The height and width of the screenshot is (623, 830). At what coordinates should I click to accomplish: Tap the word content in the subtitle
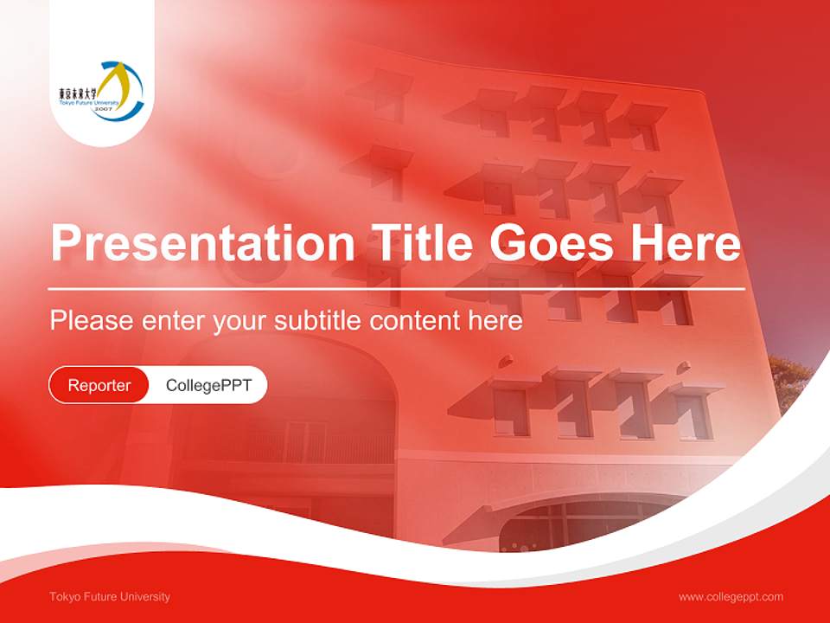[x=414, y=321]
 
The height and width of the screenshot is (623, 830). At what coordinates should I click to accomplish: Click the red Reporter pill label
[x=99, y=385]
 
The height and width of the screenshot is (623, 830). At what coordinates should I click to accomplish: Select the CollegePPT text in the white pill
[x=208, y=385]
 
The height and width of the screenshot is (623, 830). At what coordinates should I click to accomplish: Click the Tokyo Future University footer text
[x=110, y=597]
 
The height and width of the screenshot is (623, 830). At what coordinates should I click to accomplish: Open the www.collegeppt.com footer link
[x=731, y=597]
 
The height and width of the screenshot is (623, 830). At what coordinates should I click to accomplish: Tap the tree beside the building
[x=791, y=381]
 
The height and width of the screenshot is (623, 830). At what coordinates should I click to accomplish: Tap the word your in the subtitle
[x=241, y=321]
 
